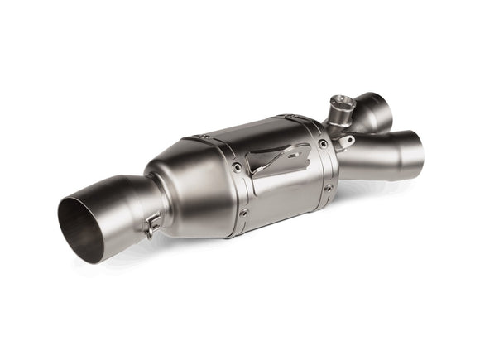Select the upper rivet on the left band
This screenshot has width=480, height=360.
[x=237, y=168]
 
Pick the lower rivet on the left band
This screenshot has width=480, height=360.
[x=243, y=213]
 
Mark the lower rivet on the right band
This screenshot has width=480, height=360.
[x=328, y=188]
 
